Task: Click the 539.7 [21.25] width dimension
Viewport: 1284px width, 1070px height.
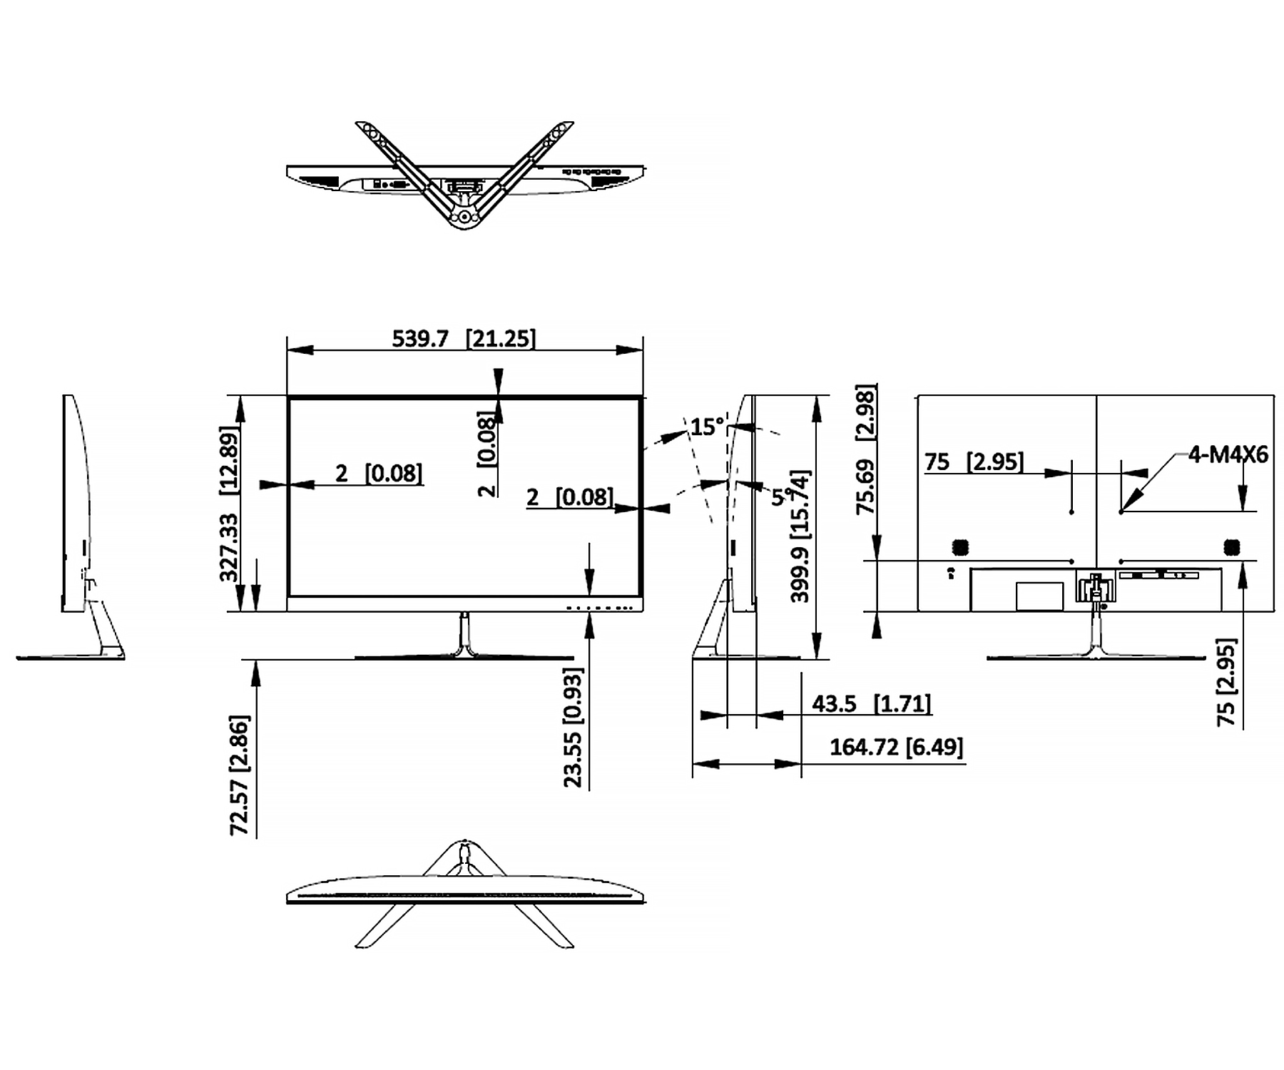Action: tap(463, 337)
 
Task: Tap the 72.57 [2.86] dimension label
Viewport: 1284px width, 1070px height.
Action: tap(239, 776)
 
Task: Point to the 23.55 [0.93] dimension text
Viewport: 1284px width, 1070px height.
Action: tap(573, 728)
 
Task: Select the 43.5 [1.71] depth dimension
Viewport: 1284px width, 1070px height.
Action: tap(871, 704)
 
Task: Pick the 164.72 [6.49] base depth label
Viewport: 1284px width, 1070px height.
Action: tap(896, 748)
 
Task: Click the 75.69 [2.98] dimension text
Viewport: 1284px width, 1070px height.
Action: tap(865, 449)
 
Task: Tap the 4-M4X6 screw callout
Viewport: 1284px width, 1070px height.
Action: tap(1228, 454)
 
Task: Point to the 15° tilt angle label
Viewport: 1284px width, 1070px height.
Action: tap(707, 427)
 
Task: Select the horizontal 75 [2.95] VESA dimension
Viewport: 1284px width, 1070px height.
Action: tap(974, 462)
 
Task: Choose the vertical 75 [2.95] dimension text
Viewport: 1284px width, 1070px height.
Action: tap(1226, 683)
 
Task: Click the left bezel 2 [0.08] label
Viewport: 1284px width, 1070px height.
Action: tap(379, 473)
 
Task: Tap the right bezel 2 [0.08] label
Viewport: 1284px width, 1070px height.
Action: tap(569, 496)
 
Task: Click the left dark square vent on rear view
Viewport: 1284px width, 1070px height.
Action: tap(960, 547)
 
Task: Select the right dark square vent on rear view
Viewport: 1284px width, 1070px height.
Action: tap(1231, 547)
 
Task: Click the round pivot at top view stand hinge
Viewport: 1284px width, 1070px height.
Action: tap(464, 215)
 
